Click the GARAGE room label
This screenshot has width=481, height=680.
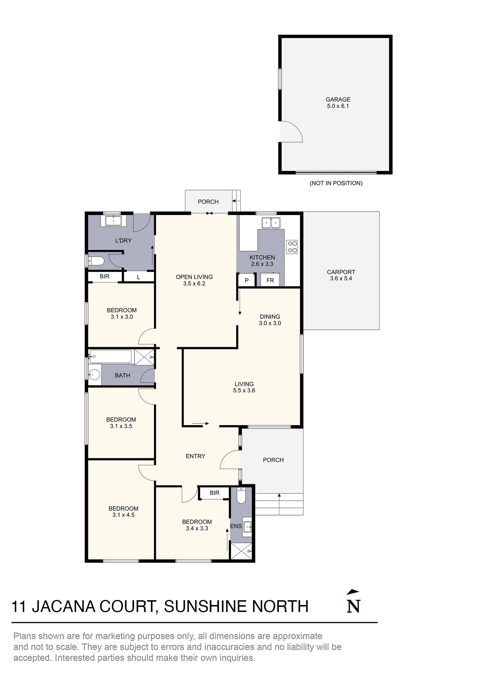(x=338, y=100)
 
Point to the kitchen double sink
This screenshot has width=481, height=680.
(x=271, y=222)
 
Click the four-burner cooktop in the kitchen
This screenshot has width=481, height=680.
(x=292, y=247)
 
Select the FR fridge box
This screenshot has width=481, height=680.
(x=270, y=280)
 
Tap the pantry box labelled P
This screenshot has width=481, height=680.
(x=247, y=280)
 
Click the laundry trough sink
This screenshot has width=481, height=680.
(x=114, y=220)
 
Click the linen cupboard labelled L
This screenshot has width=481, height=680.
(x=138, y=277)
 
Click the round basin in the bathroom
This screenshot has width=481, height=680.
(x=95, y=375)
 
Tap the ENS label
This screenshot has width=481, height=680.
(x=236, y=526)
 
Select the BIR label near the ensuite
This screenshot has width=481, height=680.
(x=214, y=493)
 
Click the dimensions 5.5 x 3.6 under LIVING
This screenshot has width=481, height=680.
(x=244, y=390)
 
